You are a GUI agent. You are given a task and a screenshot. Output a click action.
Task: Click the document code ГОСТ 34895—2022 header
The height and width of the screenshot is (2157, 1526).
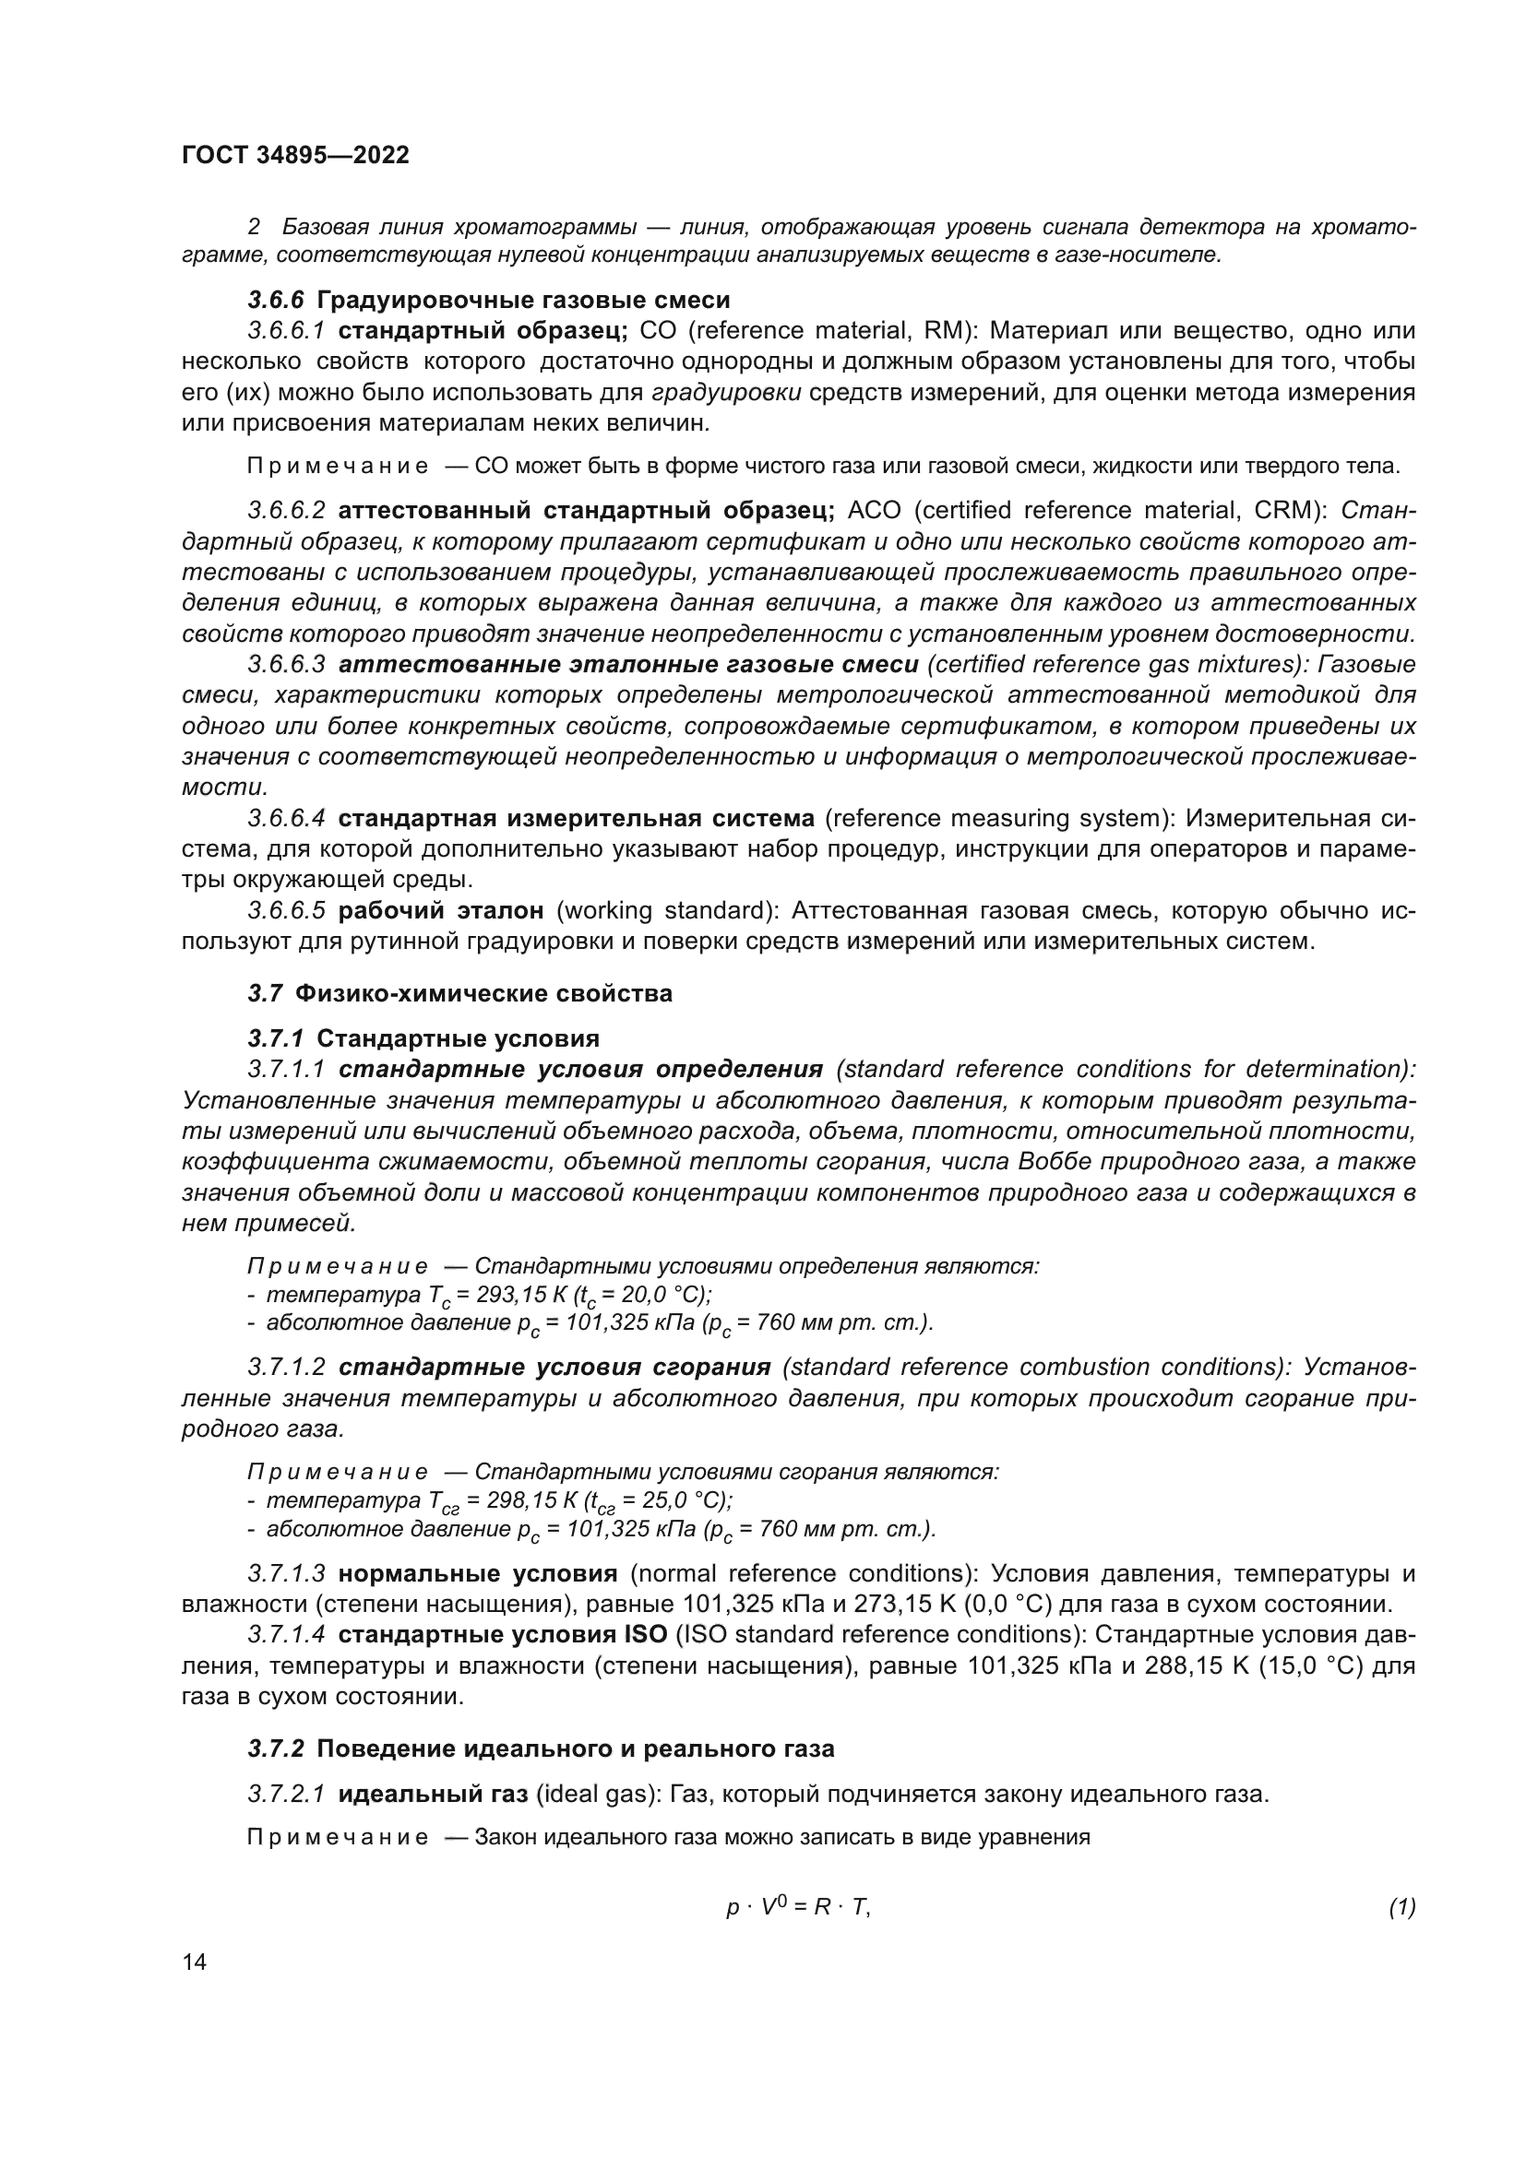295,156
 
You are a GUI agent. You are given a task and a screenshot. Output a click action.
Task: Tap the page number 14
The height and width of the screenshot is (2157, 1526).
195,1961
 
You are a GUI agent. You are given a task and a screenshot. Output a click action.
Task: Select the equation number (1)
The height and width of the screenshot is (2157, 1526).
1401,1907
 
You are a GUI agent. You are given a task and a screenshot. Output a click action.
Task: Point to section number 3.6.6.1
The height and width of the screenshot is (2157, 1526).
286,331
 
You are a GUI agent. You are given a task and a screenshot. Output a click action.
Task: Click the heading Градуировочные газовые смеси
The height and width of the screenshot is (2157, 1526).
523,301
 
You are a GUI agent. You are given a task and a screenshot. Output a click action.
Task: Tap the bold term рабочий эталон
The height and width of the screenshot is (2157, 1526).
441,910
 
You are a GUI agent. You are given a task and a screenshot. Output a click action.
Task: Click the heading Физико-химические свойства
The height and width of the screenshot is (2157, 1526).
483,994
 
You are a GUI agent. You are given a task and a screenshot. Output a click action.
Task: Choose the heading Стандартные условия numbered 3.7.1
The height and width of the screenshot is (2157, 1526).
458,1038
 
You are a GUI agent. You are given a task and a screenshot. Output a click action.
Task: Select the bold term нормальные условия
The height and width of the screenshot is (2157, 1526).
477,1572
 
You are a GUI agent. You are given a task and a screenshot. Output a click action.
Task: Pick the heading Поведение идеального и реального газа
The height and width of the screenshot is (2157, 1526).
575,1749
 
